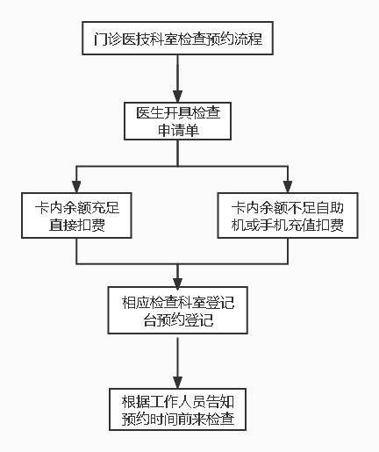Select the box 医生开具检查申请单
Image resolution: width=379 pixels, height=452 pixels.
[x=178, y=121]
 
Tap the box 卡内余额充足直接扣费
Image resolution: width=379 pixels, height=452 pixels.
[x=76, y=217]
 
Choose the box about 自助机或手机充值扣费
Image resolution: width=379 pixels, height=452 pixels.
[x=286, y=217]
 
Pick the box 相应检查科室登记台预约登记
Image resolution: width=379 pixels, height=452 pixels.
[x=178, y=312]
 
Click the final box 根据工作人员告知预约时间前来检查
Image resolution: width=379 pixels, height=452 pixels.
[x=178, y=409]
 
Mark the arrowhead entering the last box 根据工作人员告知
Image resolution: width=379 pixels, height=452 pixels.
[x=178, y=380]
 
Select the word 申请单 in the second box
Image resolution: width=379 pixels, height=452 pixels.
[x=178, y=131]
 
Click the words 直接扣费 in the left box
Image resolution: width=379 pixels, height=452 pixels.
[x=76, y=226]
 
